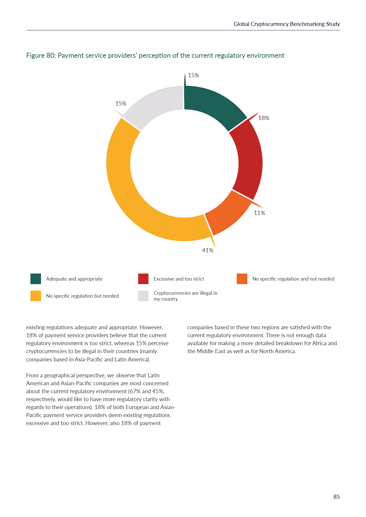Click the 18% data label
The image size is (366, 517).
pos(264,118)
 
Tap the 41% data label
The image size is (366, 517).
pos(207,250)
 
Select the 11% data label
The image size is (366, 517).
pos(259,213)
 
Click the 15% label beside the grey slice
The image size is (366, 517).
pos(121,103)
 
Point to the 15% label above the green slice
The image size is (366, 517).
pos(193,75)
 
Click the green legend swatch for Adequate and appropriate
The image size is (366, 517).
pos(36,279)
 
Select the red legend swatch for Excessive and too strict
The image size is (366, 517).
pos(143,279)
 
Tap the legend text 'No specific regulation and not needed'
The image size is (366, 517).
pos(293,279)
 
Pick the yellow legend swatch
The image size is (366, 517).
pos(36,296)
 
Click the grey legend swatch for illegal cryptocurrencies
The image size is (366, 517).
pos(143,296)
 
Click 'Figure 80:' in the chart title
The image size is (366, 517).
pos(41,55)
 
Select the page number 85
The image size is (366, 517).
pos(336,497)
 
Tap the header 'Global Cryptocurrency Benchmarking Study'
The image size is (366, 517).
pos(287,24)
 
